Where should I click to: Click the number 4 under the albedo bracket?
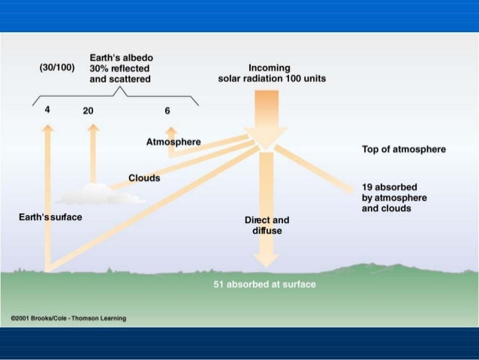point(47,110)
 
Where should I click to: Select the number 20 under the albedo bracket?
point(89,110)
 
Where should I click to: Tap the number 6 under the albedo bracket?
point(167,110)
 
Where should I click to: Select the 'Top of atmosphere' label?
point(403,150)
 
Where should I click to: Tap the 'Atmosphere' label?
point(173,143)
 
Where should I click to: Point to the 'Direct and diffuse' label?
point(267,225)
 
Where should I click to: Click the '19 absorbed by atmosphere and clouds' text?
point(394,197)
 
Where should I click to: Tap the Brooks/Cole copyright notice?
point(68,318)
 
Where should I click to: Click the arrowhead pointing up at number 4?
point(48,128)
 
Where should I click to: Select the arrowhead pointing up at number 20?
point(93,128)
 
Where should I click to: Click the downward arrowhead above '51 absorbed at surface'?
point(266,260)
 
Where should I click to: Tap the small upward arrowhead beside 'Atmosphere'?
point(171,131)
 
